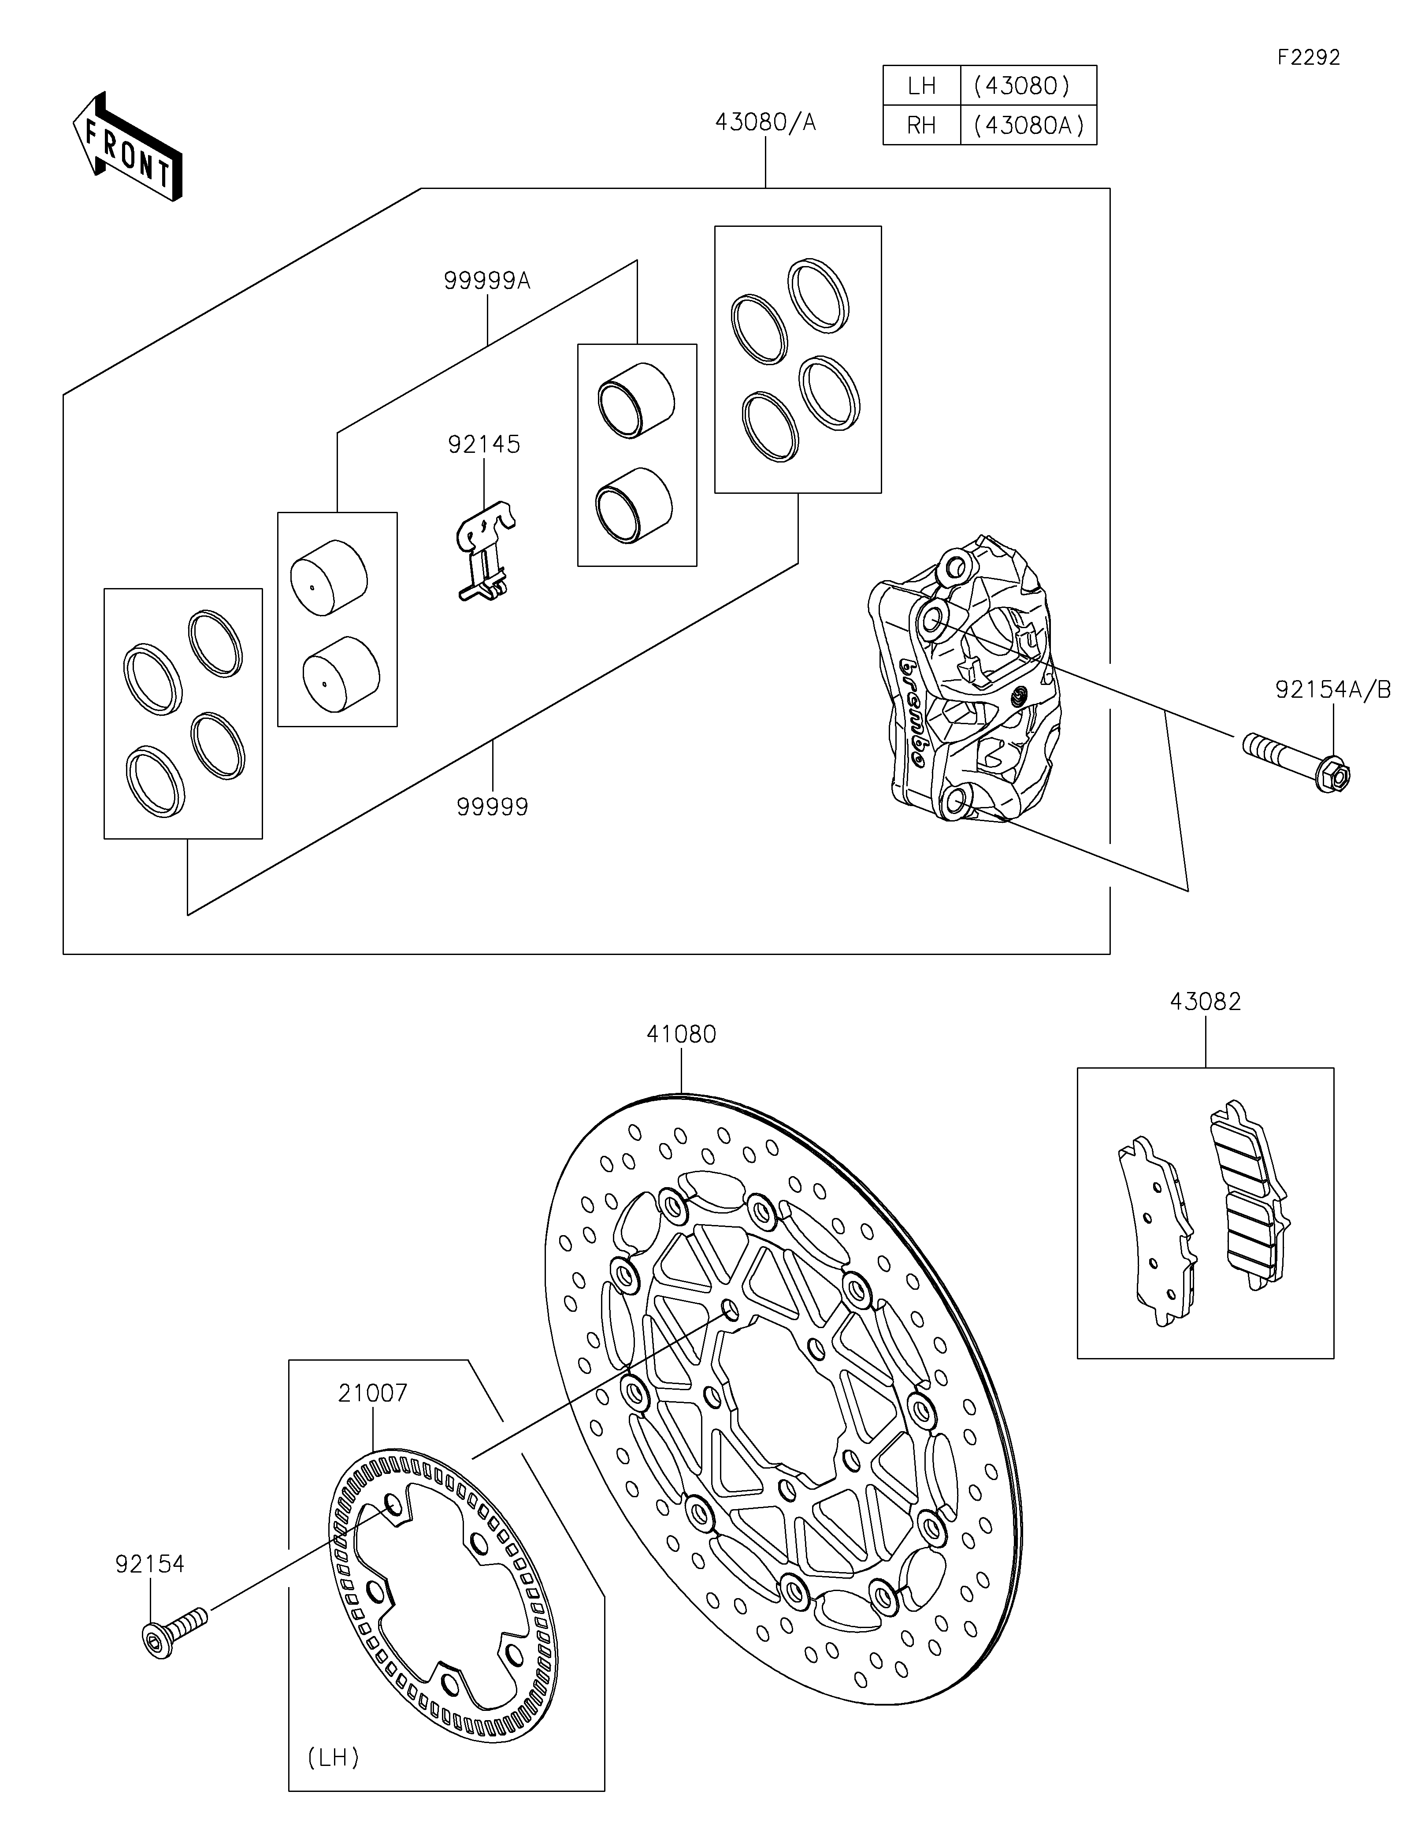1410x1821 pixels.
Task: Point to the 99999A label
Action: pos(487,281)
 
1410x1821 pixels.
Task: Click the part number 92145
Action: pos(484,444)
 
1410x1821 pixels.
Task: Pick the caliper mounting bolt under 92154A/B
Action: pos(1297,760)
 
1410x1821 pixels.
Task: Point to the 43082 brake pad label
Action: pos(1205,1001)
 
